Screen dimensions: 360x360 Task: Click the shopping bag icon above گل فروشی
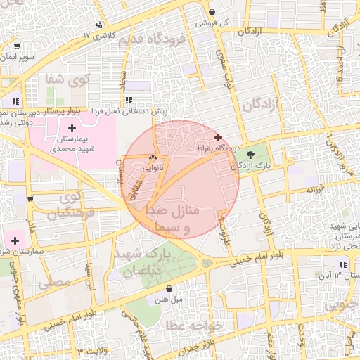pos(212,12)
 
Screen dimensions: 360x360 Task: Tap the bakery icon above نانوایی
pos(153,157)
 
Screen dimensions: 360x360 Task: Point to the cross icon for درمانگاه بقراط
pos(218,137)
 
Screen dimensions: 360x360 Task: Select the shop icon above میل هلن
pos(169,288)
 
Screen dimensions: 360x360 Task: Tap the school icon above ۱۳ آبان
pos(342,264)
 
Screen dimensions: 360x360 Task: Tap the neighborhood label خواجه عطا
pos(194,326)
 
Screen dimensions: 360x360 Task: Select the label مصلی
pos(54,283)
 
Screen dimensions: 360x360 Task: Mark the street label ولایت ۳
pos(91,349)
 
